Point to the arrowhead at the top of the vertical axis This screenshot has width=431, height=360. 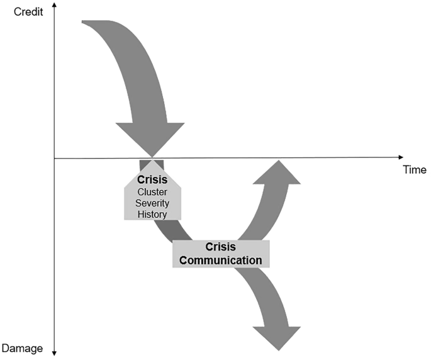(55, 6)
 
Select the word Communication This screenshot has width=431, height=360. (220, 259)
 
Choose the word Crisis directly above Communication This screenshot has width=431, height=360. (220, 247)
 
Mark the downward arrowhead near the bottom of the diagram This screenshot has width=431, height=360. (276, 337)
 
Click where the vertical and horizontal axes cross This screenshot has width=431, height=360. (55, 158)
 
